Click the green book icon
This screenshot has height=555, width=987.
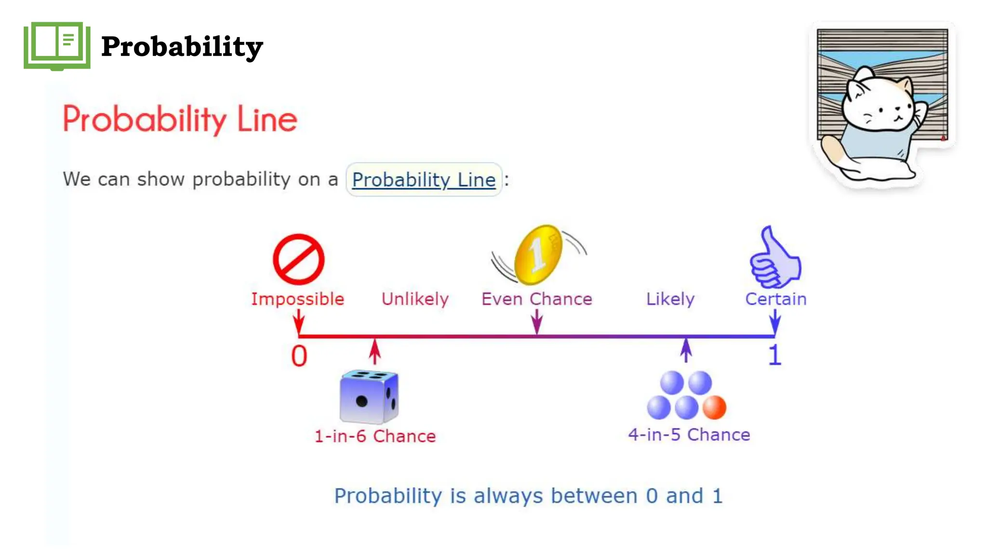click(x=57, y=46)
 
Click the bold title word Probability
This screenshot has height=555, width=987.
click(x=182, y=47)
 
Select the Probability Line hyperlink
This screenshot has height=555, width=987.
click(x=424, y=180)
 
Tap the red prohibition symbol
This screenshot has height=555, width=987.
click(x=298, y=259)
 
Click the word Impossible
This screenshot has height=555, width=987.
click(x=297, y=299)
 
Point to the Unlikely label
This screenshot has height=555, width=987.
click(x=415, y=299)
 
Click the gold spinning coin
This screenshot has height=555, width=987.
click(x=538, y=254)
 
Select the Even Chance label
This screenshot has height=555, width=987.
click(x=536, y=299)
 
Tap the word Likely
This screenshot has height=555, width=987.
click(x=670, y=299)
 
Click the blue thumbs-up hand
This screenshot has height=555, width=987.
click(x=774, y=260)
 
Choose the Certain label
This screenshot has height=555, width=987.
click(x=775, y=299)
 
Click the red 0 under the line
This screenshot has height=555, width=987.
click(x=299, y=357)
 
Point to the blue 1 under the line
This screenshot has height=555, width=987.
click(x=774, y=356)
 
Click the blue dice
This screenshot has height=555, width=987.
click(x=369, y=396)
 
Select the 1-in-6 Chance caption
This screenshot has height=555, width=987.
click(x=375, y=436)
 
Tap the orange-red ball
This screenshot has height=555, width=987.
click(x=714, y=407)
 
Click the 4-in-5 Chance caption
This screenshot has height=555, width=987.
click(x=689, y=435)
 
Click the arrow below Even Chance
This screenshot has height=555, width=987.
click(x=536, y=321)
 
